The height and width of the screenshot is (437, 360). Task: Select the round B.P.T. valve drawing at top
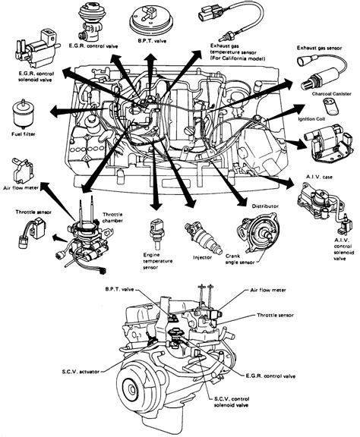[x=153, y=21]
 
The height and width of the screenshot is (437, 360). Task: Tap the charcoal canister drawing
[x=330, y=106]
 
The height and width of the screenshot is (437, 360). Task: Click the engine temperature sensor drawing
[x=156, y=234]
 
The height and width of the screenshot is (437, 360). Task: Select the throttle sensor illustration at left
[x=32, y=232]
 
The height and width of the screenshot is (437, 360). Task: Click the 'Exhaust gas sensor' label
[x=319, y=49]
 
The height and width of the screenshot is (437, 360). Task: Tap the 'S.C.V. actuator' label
[x=81, y=372]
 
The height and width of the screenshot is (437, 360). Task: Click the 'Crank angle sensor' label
[x=240, y=259]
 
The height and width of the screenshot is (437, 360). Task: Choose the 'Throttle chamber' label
[x=112, y=218]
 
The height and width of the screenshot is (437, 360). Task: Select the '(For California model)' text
[x=238, y=58]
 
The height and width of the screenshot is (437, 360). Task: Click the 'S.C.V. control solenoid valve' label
[x=232, y=402]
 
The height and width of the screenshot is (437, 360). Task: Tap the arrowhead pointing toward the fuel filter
[x=55, y=112]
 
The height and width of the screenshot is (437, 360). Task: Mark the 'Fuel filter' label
[x=24, y=134]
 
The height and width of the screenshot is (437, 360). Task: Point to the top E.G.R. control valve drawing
[x=90, y=23]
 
